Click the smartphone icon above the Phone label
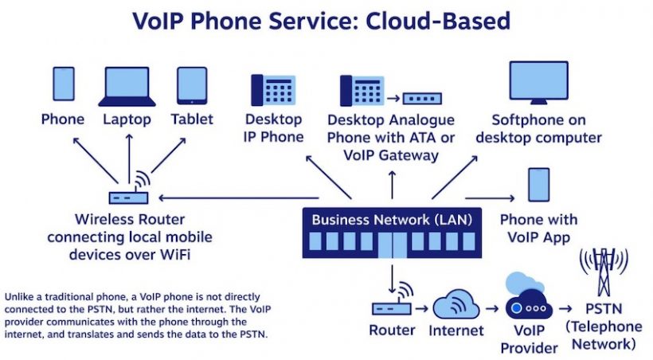click(64, 85)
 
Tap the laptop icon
click(127, 86)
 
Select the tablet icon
click(192, 85)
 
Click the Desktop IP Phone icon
click(273, 91)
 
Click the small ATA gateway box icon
click(423, 99)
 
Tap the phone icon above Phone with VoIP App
click(539, 185)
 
